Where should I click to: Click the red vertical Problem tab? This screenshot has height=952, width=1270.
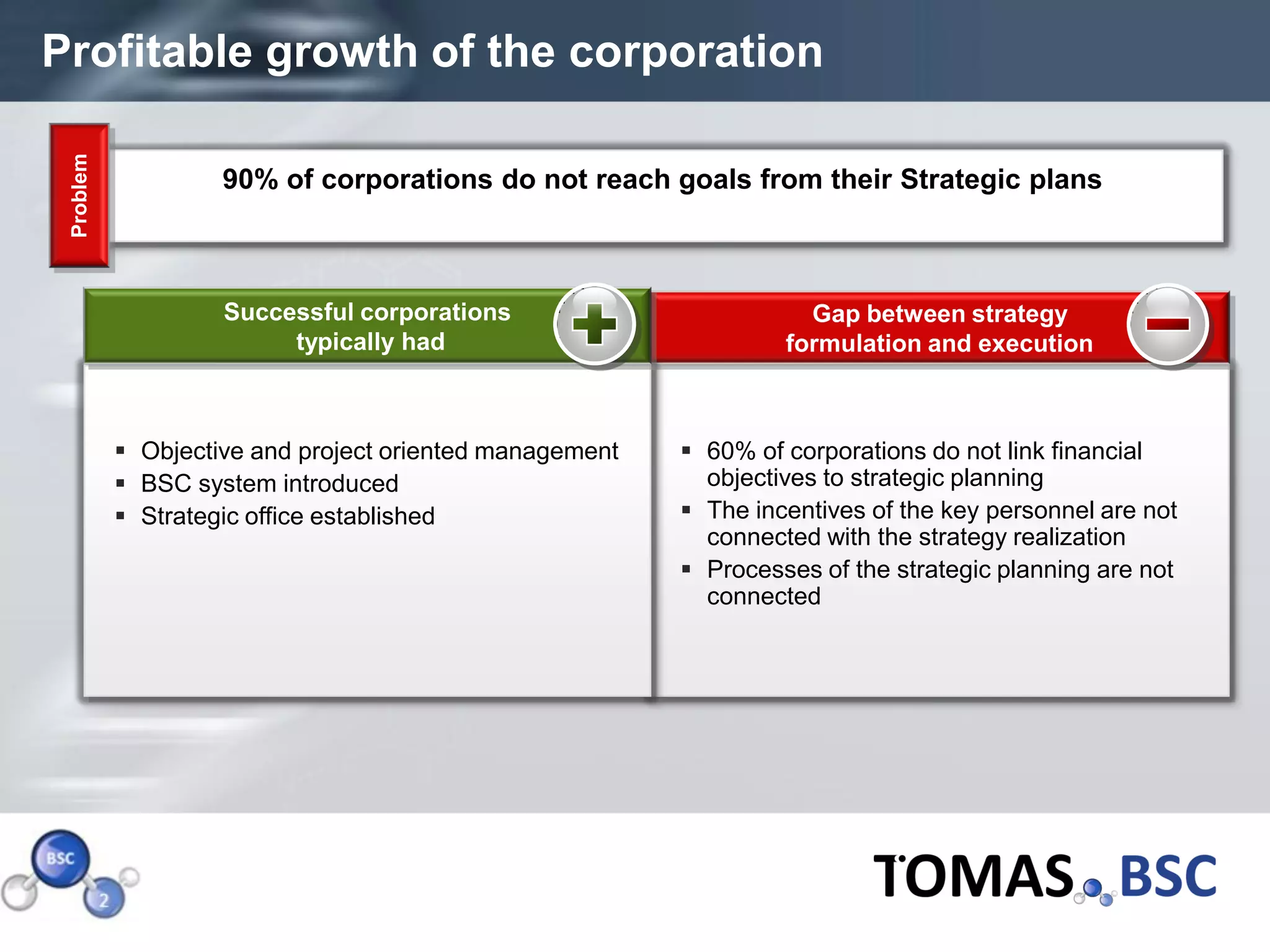79,195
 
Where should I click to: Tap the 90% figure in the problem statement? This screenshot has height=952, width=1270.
250,180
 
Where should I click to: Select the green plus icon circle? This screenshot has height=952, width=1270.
594,324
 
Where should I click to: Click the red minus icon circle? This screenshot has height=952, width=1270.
1167,324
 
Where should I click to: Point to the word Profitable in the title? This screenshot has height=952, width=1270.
147,52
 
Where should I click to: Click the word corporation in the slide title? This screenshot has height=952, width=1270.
695,52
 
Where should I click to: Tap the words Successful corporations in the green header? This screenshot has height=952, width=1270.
366,312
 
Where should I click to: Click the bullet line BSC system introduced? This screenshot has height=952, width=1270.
269,484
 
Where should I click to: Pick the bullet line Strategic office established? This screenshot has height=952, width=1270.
288,516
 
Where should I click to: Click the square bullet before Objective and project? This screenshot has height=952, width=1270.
120,451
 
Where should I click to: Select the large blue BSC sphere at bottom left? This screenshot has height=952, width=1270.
60,858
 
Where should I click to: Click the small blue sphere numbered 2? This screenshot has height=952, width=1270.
104,899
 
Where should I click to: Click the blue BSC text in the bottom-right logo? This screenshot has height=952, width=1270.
1168,876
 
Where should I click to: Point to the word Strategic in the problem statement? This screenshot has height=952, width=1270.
959,180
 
